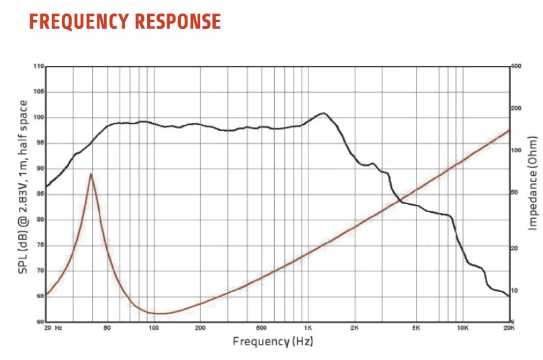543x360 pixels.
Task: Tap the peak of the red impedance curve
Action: click(91, 174)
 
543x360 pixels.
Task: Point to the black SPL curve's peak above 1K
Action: click(323, 114)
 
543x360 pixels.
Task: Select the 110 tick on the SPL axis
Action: click(39, 66)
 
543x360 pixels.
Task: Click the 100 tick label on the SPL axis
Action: click(39, 118)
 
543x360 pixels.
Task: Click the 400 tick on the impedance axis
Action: click(516, 66)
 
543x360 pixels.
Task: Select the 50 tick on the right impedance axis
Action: click(515, 192)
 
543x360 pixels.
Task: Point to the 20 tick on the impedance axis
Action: click(515, 249)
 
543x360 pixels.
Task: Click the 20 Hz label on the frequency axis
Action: click(52, 328)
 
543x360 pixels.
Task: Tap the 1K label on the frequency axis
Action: click(307, 328)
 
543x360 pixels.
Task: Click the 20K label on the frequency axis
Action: click(509, 328)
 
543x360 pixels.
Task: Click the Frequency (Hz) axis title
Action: click(273, 341)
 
